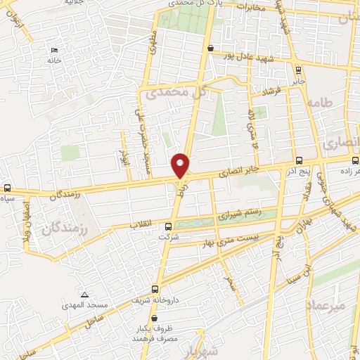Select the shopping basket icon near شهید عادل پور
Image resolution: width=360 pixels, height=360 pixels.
click(210, 48)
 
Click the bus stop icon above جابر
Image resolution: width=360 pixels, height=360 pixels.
click(300, 70)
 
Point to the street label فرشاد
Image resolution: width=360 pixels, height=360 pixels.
click(271, 92)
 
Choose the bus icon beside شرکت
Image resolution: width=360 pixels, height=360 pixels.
click(167, 226)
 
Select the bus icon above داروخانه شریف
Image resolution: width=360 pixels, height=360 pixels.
click(155, 288)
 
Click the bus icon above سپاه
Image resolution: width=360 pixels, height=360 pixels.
click(7, 188)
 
